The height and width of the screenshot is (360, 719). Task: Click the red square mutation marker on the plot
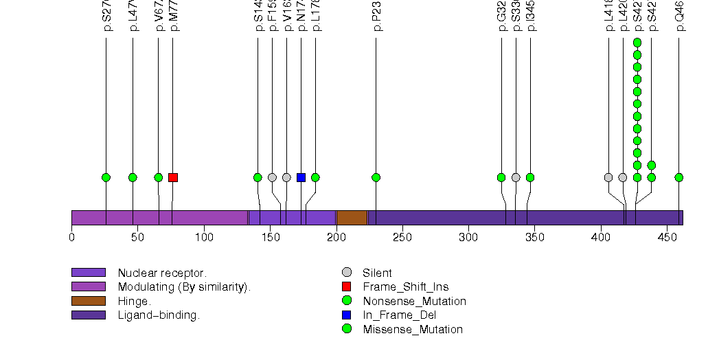coord(173,177)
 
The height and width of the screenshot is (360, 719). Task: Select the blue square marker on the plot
coord(301,177)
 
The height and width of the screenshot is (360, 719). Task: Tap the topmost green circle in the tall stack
coord(637,43)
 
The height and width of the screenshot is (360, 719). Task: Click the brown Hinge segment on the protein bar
coord(352,217)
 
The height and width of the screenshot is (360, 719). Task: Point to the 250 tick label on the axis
coord(402,238)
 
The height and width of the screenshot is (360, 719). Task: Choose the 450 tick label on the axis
coord(667,238)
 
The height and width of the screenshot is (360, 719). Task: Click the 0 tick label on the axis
coord(71,238)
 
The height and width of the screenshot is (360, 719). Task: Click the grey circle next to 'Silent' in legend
coord(347,273)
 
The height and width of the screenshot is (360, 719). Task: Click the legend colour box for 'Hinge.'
coord(88,301)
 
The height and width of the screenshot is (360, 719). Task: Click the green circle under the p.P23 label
coord(376,177)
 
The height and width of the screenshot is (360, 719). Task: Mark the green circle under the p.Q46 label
coord(679,177)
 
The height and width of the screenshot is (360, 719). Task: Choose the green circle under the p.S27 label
coord(106,177)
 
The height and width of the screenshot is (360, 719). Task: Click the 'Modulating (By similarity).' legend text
coord(184,287)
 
